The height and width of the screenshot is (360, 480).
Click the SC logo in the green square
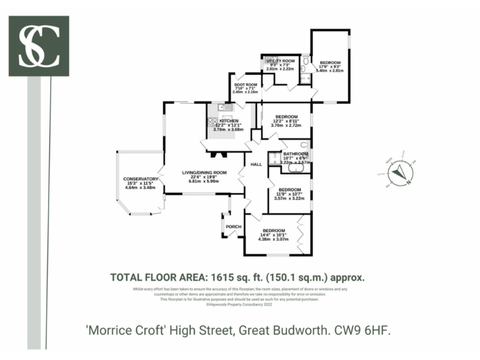click(x=39, y=46)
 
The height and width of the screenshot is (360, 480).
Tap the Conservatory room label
click(x=140, y=178)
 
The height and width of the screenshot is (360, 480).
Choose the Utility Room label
click(x=280, y=61)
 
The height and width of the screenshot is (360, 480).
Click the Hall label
click(x=256, y=164)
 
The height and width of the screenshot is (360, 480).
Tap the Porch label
click(x=234, y=226)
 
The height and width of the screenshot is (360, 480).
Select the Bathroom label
click(x=296, y=154)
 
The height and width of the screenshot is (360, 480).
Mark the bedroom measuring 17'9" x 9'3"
click(x=331, y=62)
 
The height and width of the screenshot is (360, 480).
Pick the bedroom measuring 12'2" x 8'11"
click(x=286, y=117)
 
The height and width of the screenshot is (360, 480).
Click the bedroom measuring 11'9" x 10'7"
click(x=290, y=190)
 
